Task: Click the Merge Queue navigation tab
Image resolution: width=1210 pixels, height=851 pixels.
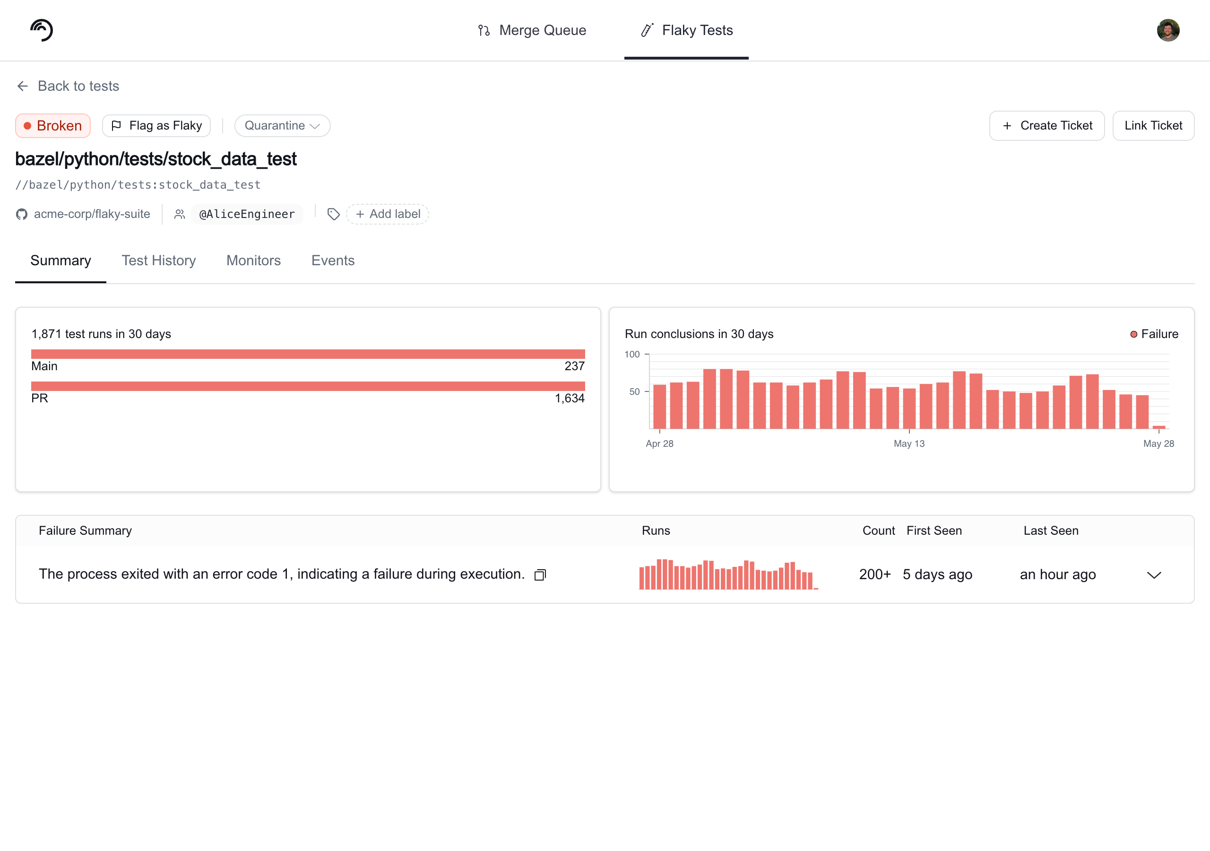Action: coord(532,30)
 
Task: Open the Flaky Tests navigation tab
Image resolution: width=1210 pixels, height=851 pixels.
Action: coord(686,30)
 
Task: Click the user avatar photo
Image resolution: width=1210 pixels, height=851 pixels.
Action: coord(1168,30)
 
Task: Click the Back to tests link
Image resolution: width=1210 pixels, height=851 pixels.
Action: coord(68,86)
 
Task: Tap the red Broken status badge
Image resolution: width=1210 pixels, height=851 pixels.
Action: coord(52,125)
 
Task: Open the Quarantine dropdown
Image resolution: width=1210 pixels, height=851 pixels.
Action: coord(283,125)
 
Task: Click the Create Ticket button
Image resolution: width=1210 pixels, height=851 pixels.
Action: coord(1046,125)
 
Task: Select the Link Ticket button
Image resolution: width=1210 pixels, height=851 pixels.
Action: coord(1153,125)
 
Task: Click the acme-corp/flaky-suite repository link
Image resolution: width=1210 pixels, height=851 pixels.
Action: coord(83,214)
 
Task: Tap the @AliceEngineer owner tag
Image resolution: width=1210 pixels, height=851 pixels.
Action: coord(247,214)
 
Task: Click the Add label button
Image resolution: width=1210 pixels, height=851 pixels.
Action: coord(388,214)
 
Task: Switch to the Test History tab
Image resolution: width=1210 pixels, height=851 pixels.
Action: coord(159,261)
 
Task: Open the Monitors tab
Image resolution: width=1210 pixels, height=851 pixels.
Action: coord(253,261)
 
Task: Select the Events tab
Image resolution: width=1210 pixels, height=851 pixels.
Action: coord(333,261)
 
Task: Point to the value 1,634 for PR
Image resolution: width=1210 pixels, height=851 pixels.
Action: coord(569,398)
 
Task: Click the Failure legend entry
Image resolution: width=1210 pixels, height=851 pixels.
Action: coord(1154,334)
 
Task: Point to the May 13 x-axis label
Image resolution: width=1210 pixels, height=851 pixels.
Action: coord(909,443)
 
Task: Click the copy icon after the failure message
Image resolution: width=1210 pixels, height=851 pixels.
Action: coord(540,575)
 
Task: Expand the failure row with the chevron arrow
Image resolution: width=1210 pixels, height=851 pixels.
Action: coord(1154,575)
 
